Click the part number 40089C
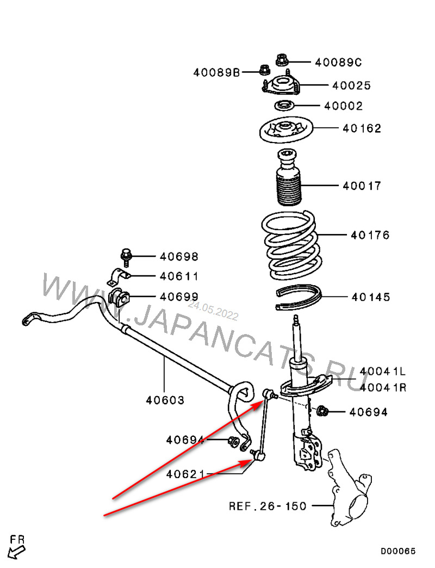338,63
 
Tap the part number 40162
362,129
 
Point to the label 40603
165,400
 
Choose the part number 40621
185,474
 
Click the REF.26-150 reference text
268,506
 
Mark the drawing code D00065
397,551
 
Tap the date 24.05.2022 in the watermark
213,311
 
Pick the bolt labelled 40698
126,257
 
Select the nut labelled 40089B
264,71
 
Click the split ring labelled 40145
299,297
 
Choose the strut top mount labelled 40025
282,86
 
